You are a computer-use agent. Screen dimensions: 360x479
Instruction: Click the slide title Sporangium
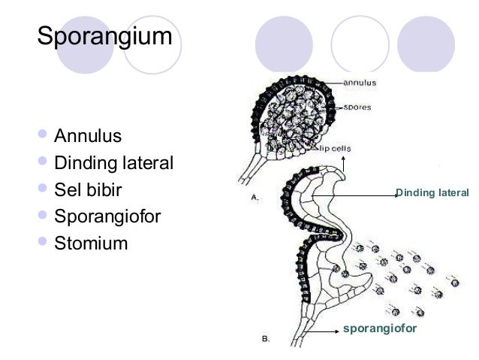pyautogui.click(x=104, y=35)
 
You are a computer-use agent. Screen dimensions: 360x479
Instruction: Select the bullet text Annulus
pyautogui.click(x=87, y=137)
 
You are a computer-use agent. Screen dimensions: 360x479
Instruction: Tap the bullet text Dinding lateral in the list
pyautogui.click(x=113, y=163)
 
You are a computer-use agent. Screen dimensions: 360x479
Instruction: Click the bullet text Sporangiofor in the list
pyautogui.click(x=107, y=217)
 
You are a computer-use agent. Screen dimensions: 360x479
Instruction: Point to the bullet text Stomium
pyautogui.click(x=91, y=244)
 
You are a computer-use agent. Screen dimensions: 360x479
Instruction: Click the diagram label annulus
pyautogui.click(x=360, y=81)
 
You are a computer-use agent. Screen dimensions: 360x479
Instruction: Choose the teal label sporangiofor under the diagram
pyautogui.click(x=379, y=328)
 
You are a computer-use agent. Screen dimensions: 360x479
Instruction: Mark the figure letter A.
pyautogui.click(x=255, y=198)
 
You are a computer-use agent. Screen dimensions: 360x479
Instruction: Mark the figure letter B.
pyautogui.click(x=266, y=338)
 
